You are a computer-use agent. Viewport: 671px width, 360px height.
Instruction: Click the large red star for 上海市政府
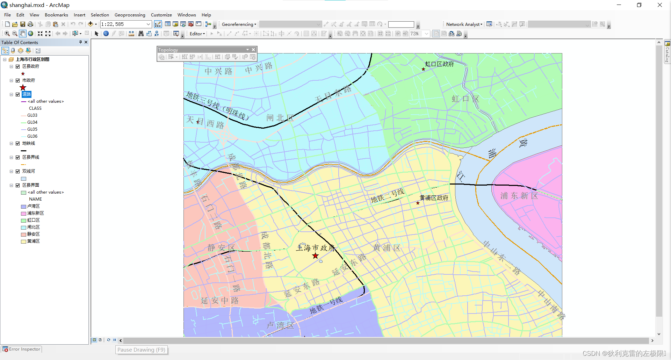click(x=316, y=256)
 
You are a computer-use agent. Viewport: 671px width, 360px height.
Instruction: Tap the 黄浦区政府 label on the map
click(x=434, y=198)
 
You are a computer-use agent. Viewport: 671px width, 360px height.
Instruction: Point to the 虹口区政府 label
click(x=439, y=64)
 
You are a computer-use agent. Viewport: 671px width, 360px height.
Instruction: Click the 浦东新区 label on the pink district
click(x=519, y=196)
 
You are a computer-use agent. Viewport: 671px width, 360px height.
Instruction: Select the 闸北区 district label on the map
click(x=280, y=118)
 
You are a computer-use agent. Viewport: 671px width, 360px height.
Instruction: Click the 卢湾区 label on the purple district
click(x=280, y=325)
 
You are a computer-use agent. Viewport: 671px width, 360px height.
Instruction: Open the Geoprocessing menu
click(x=130, y=15)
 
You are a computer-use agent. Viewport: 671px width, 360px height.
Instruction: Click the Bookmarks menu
click(x=56, y=15)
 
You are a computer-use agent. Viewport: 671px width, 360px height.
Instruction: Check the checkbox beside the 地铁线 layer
click(x=18, y=143)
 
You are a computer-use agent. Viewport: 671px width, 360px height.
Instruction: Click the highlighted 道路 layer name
click(x=27, y=94)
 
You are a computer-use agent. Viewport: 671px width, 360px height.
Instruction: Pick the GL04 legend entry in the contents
click(x=32, y=122)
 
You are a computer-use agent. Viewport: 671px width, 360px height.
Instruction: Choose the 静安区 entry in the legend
click(x=33, y=234)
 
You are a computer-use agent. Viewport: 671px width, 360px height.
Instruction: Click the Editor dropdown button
click(x=197, y=34)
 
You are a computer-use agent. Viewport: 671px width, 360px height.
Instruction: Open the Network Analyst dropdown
click(x=464, y=24)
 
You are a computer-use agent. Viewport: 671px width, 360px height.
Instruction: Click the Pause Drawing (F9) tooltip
click(x=141, y=350)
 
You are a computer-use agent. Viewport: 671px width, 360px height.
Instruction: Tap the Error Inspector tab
click(x=22, y=349)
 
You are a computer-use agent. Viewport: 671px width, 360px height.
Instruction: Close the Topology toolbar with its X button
click(x=253, y=50)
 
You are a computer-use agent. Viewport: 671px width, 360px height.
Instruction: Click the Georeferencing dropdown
click(x=239, y=24)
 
